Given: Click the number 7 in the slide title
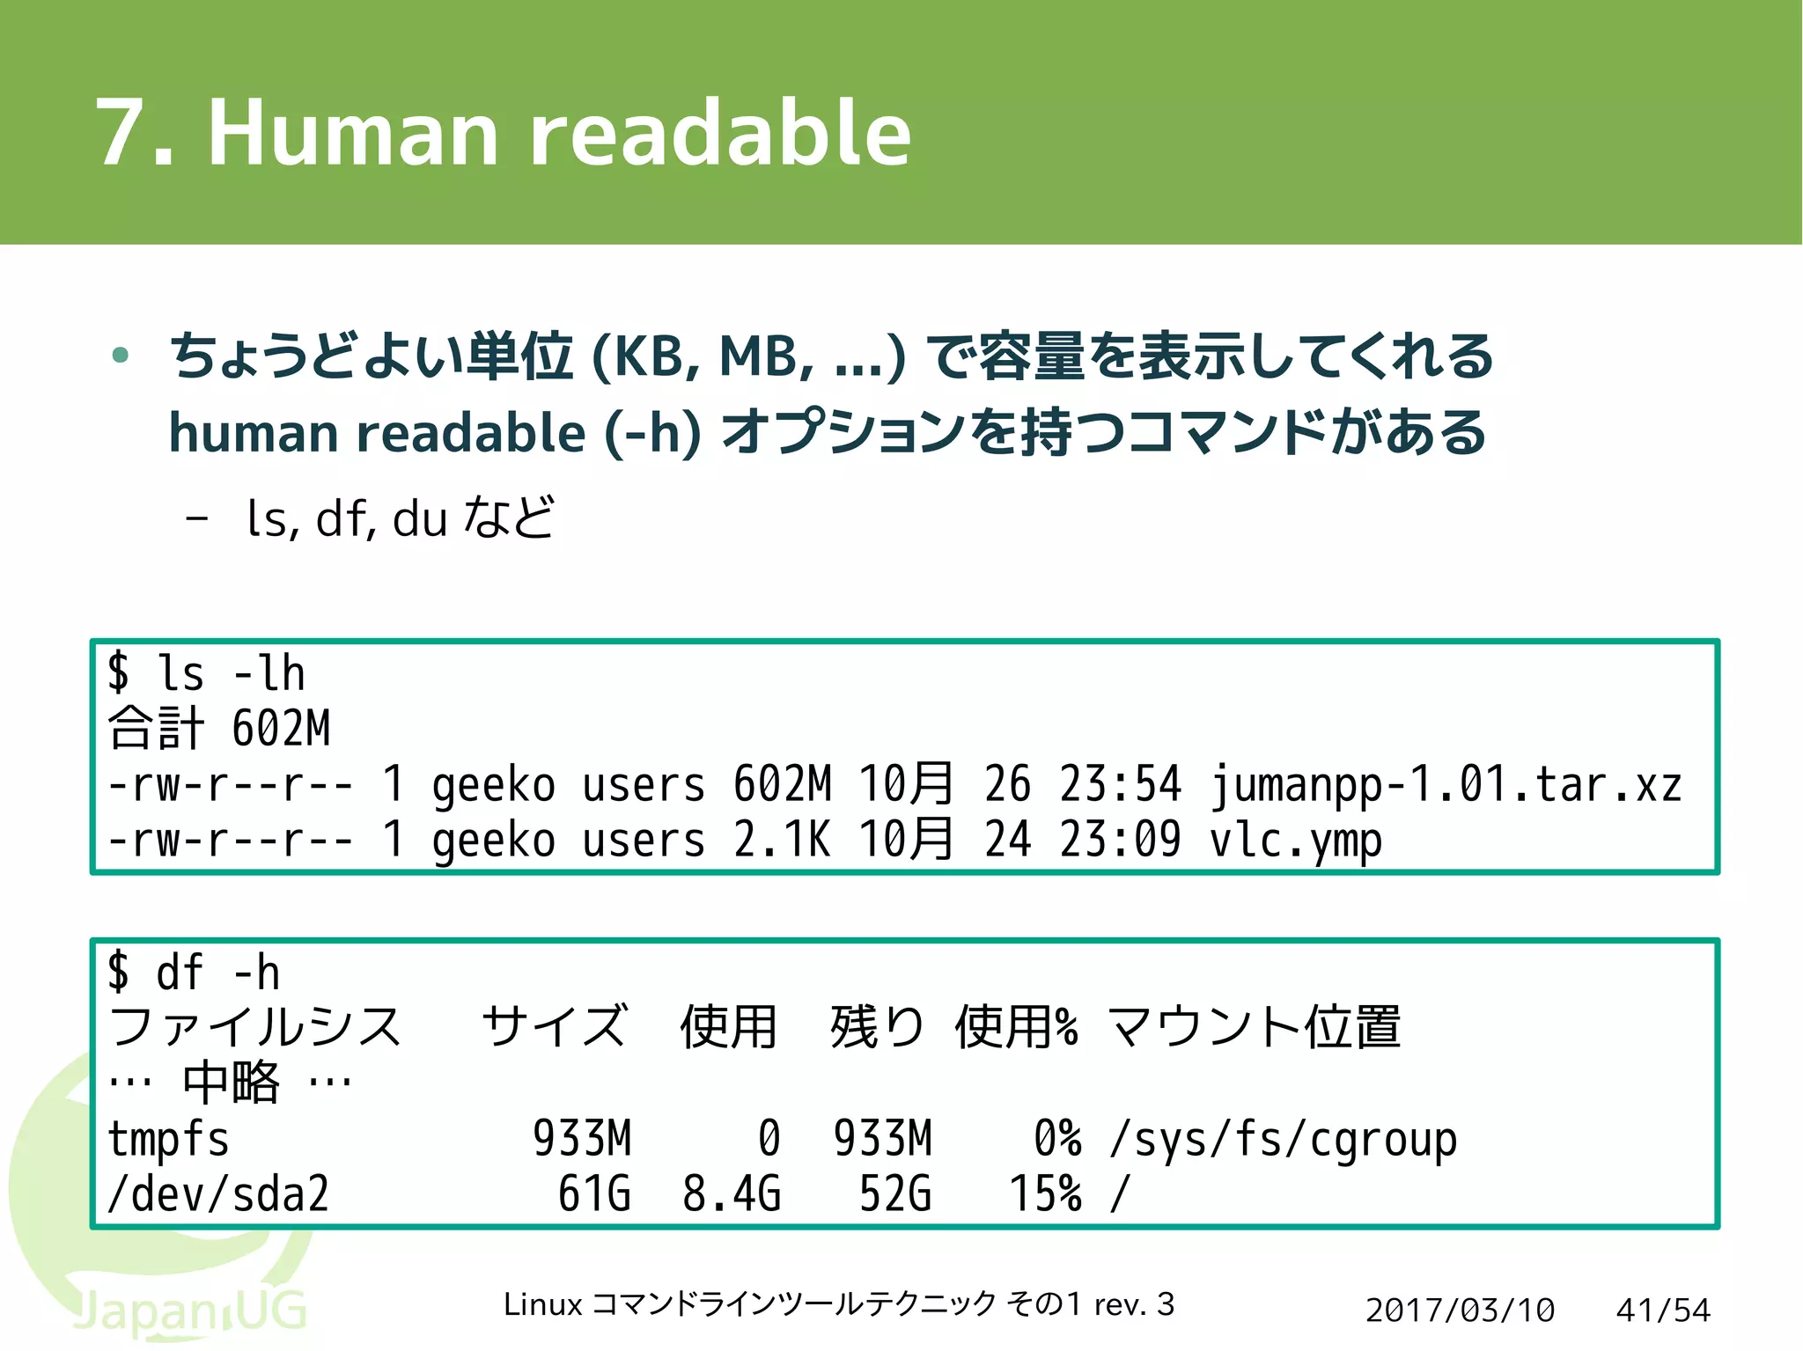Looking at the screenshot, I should tap(121, 134).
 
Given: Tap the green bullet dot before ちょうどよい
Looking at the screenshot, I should tap(121, 356).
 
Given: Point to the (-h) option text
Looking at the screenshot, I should tap(652, 433).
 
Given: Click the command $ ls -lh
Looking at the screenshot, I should tap(206, 674).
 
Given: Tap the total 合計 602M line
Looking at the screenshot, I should tap(219, 729).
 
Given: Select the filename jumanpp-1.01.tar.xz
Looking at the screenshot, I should tap(1445, 784).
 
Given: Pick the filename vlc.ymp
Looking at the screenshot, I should tap(1294, 840).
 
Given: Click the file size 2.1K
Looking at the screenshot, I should tap(781, 840).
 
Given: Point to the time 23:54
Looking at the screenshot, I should tap(1120, 784).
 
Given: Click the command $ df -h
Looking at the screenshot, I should tap(194, 973).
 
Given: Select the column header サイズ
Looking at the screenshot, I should tap(556, 1027).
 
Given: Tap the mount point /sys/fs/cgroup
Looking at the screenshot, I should tap(1283, 1139).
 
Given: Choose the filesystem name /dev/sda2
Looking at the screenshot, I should tap(218, 1194).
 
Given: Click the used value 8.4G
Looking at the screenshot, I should tap(732, 1194).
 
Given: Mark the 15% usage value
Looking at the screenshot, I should tap(1045, 1194).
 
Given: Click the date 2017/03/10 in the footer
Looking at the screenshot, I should tap(1460, 1311).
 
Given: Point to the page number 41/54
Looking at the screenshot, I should tap(1663, 1311).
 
